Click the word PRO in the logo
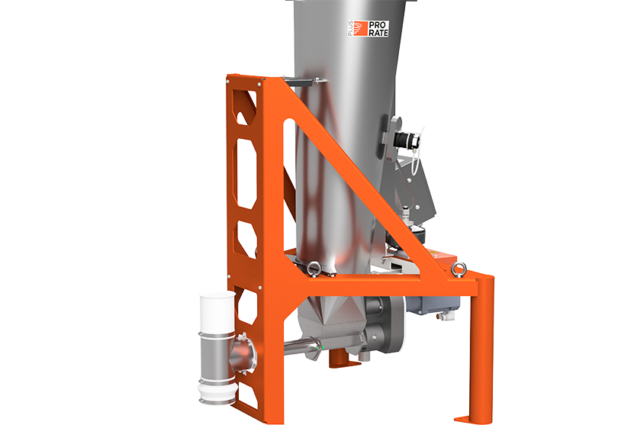pyautogui.click(x=378, y=25)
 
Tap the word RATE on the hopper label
pyautogui.click(x=378, y=33)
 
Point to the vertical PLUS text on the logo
pyautogui.click(x=350, y=28)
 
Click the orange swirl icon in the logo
pyautogui.click(x=359, y=28)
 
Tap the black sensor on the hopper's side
pyautogui.click(x=404, y=140)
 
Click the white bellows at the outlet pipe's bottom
pyautogui.click(x=216, y=392)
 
